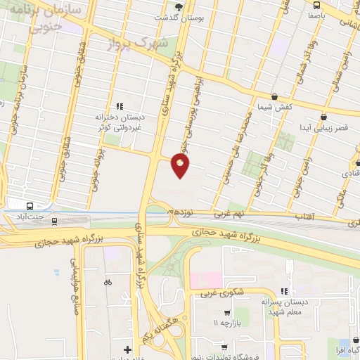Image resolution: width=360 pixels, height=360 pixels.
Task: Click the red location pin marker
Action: [x=181, y=165]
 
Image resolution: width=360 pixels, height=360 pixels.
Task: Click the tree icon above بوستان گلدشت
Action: [x=179, y=6]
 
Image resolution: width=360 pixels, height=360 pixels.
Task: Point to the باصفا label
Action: [x=316, y=13]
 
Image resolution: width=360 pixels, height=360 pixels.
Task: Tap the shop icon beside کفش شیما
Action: [x=274, y=97]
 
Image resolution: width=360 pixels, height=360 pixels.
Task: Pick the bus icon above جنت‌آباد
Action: [x=30, y=206]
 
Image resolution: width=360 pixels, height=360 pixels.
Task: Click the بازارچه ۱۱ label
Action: [x=226, y=322]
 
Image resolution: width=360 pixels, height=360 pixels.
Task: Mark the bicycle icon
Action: [x=107, y=283]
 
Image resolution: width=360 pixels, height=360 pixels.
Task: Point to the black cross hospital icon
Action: [x=127, y=349]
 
